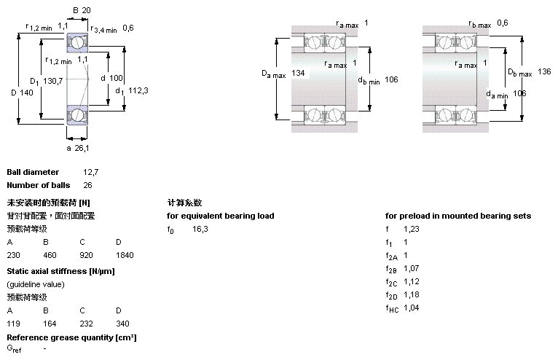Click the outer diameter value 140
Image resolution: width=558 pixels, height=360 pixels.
pyautogui.click(x=26, y=92)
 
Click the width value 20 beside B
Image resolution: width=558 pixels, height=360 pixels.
pyautogui.click(x=86, y=10)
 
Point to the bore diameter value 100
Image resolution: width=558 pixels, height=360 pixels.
pyautogui.click(x=117, y=77)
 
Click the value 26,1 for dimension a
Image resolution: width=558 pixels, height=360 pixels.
pyautogui.click(x=82, y=148)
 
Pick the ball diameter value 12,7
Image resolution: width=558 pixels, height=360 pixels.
pyautogui.click(x=90, y=172)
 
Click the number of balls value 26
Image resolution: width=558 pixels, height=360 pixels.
pyautogui.click(x=88, y=185)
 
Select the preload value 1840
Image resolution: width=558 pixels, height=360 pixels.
pyautogui.click(x=124, y=255)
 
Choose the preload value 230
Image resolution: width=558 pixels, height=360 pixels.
pyautogui.click(x=13, y=255)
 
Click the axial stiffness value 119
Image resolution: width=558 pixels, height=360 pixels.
pyautogui.click(x=13, y=324)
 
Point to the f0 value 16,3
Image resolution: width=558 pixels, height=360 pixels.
pyautogui.click(x=200, y=229)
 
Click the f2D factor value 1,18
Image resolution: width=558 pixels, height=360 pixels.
pyautogui.click(x=412, y=294)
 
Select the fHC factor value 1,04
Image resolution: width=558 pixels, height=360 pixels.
pyautogui.click(x=412, y=308)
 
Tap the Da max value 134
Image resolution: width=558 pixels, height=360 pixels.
pyautogui.click(x=298, y=74)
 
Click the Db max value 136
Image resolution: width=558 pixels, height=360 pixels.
pyautogui.click(x=544, y=71)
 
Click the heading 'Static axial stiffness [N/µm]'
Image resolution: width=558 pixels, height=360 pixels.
pyautogui.click(x=60, y=271)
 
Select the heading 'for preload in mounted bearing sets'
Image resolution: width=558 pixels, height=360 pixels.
pyautogui.click(x=457, y=216)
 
